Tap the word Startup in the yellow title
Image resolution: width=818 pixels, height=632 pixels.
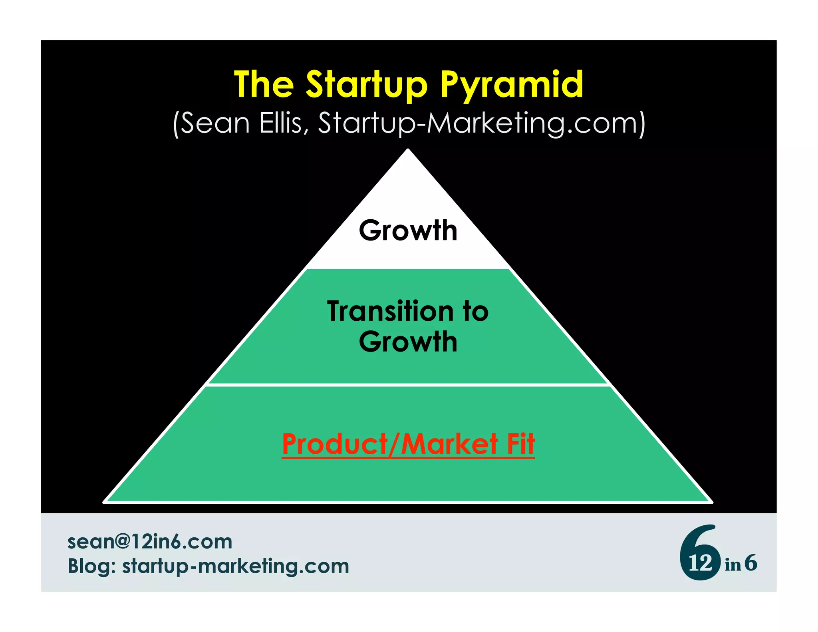[x=366, y=85]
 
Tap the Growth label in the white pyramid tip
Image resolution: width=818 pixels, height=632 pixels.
[x=408, y=231]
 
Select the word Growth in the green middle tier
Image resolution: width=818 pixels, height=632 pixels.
[x=408, y=342]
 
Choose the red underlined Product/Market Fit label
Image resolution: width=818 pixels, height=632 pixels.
[x=408, y=444]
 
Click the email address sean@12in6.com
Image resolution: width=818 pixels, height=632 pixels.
[x=150, y=542]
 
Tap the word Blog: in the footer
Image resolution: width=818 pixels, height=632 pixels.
[x=91, y=566]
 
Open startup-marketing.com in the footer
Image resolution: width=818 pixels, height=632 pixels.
[x=236, y=566]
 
